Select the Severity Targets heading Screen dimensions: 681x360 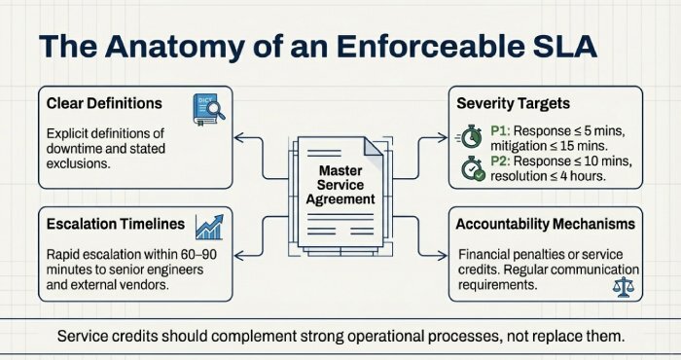pyautogui.click(x=520, y=102)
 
